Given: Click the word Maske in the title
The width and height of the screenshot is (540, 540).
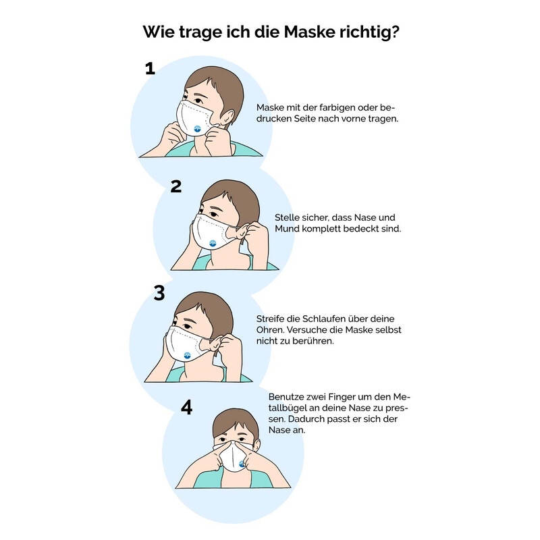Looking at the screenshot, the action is tap(309, 32).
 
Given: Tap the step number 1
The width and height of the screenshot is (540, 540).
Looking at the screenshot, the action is tap(150, 69).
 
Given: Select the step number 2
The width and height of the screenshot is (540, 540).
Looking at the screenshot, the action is tap(176, 186).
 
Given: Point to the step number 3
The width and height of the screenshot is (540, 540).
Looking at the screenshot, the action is tap(159, 293).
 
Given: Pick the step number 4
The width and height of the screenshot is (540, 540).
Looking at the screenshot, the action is tap(186, 408).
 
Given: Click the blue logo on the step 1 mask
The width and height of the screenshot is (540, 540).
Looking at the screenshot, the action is tap(197, 129).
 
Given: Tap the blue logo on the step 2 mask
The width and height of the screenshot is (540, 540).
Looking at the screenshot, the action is tap(213, 244).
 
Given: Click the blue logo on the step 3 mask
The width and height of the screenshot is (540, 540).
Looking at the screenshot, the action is tap(187, 356).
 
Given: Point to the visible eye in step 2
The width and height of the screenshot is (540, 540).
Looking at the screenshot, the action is tap(214, 214).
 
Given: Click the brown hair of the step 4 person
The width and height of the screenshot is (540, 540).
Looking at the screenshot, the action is tap(236, 423).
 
